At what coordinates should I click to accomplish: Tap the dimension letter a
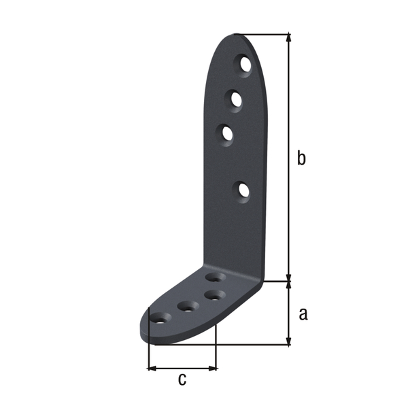(303, 313)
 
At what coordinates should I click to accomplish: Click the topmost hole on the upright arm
(245, 65)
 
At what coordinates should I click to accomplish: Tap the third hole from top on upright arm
(227, 133)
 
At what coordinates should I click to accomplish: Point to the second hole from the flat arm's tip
(187, 307)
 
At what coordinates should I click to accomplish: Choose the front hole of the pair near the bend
(216, 295)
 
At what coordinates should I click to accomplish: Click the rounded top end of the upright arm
(238, 37)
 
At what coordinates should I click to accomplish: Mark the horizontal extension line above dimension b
(265, 33)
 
